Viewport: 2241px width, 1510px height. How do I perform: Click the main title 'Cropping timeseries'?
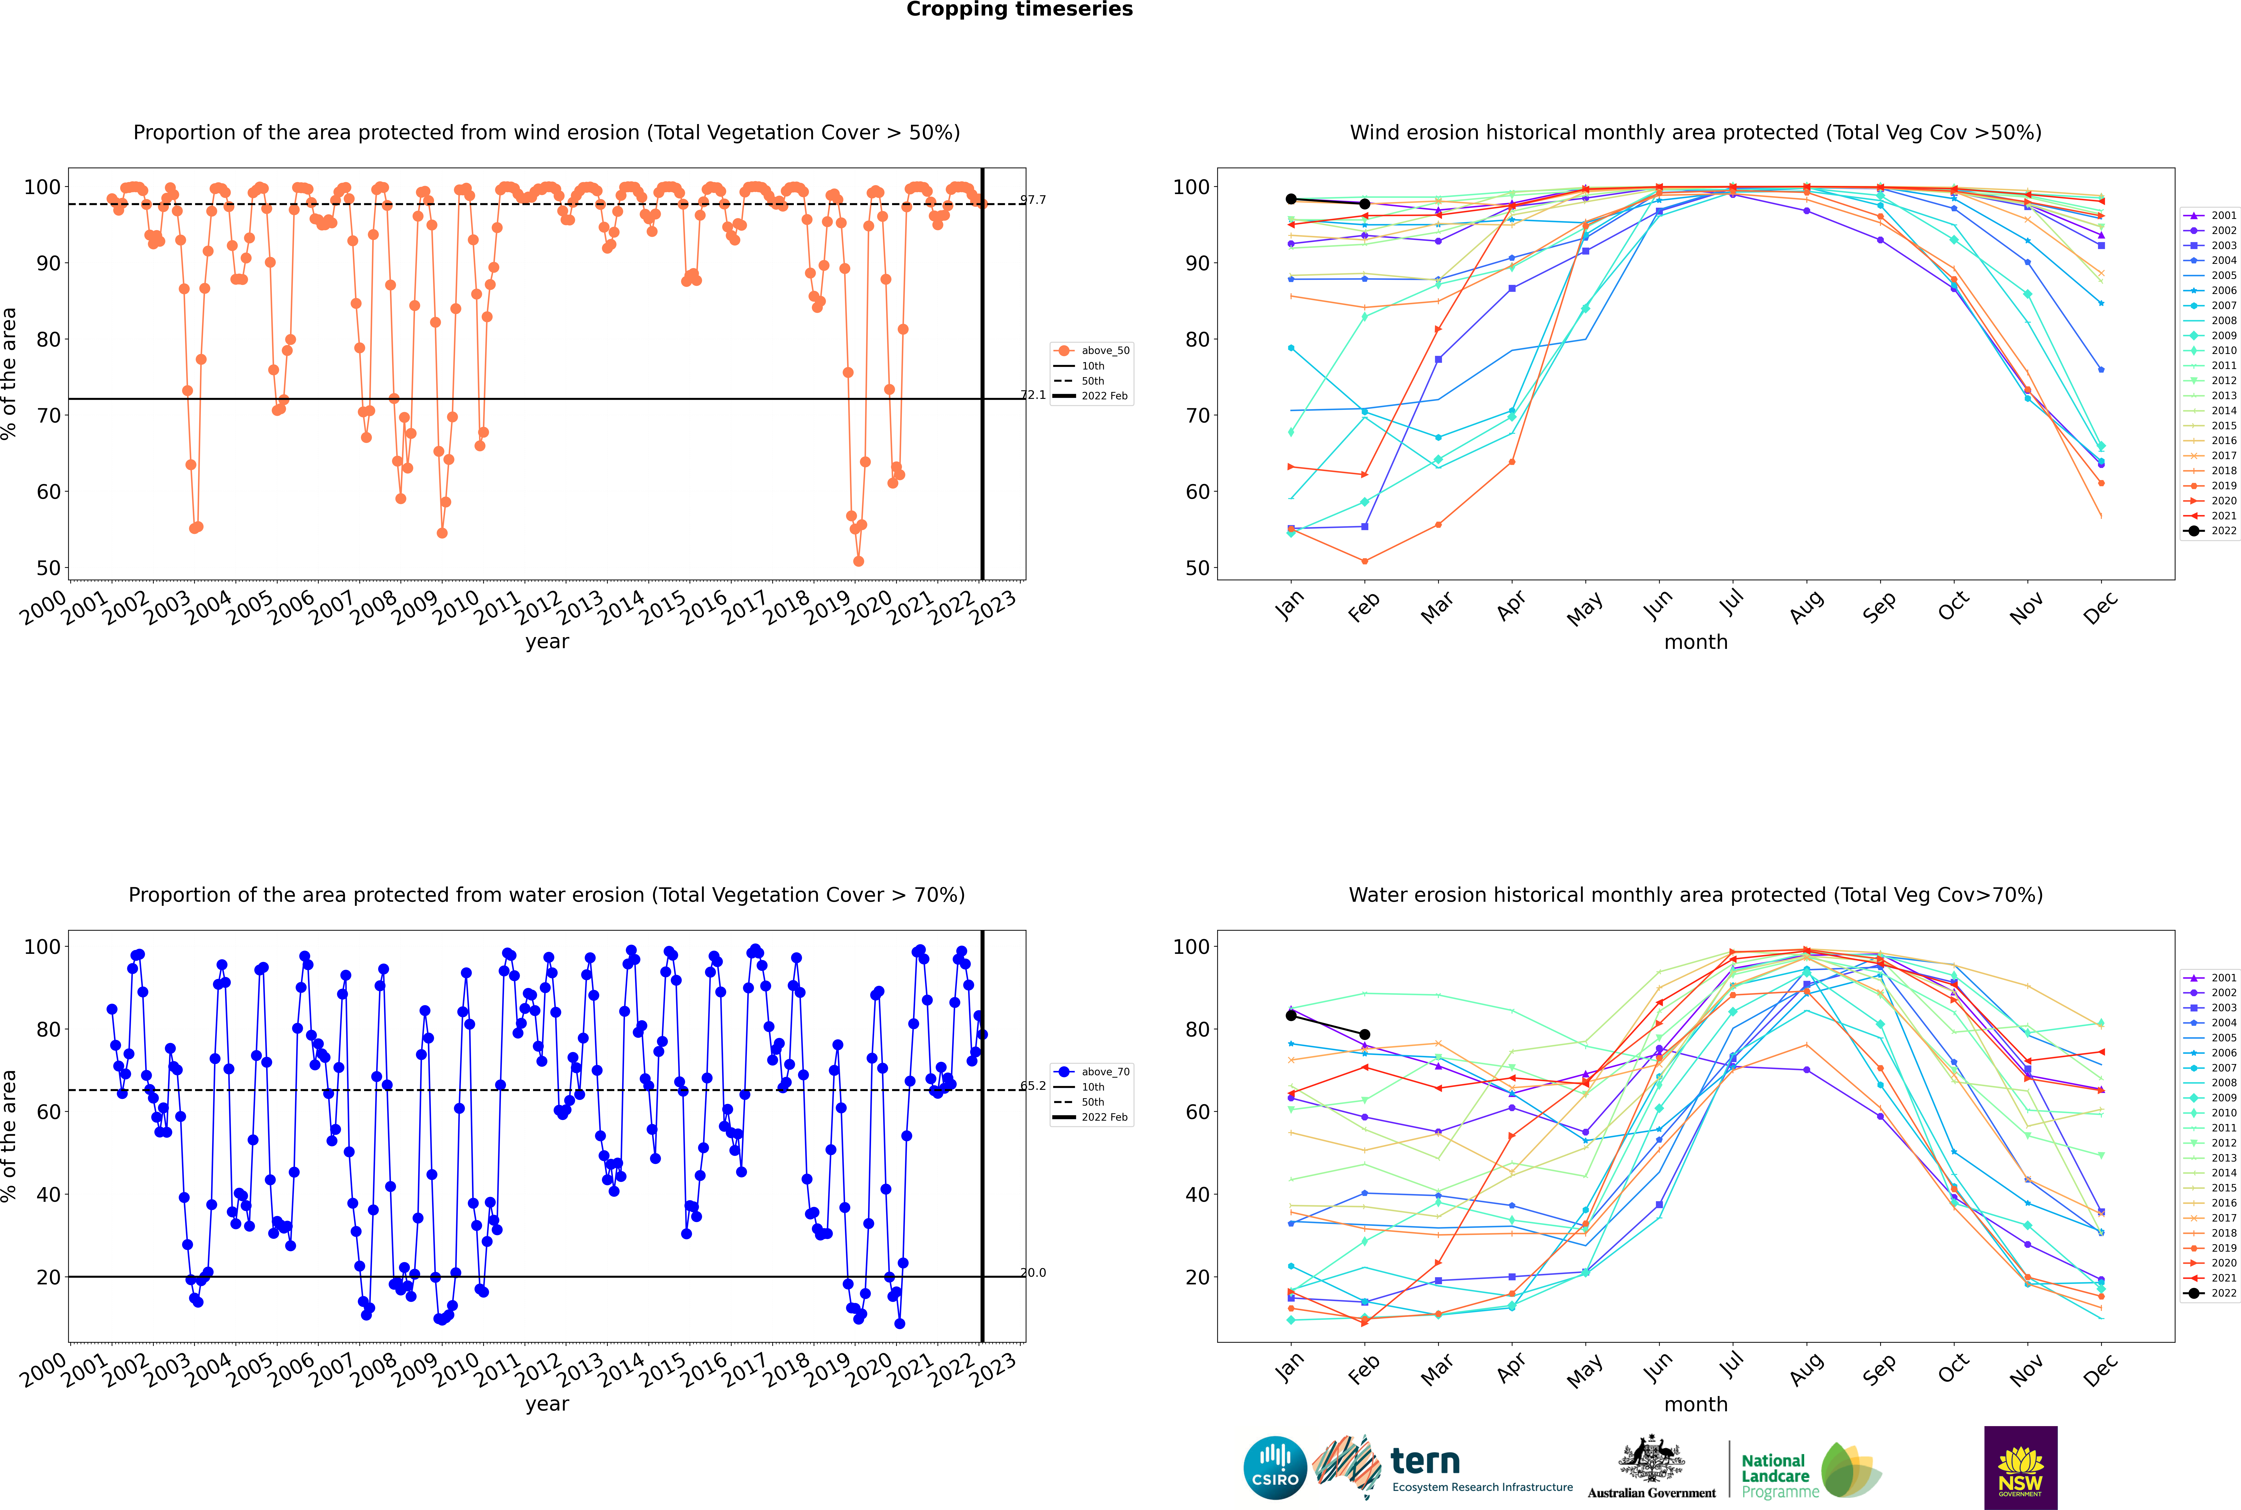(x=1019, y=10)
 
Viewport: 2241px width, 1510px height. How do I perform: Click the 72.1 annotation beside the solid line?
(x=1033, y=395)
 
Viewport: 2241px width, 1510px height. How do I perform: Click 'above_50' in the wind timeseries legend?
(x=1105, y=351)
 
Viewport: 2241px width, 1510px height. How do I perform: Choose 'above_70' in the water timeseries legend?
(x=1105, y=1072)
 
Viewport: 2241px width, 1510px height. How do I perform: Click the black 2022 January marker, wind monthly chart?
(x=1291, y=199)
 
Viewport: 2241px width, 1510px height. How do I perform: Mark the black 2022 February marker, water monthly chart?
(x=1364, y=1034)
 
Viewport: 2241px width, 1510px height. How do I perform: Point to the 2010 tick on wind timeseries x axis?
(x=456, y=607)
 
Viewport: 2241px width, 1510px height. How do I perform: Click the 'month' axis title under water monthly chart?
(x=1696, y=1404)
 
